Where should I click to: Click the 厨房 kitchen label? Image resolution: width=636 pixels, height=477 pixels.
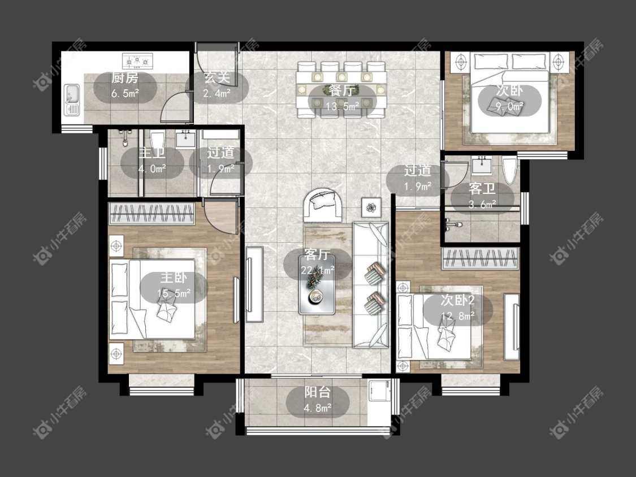126,77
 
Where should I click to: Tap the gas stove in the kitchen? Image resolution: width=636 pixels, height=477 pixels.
137,61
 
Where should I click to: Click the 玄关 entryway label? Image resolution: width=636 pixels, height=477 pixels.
217,77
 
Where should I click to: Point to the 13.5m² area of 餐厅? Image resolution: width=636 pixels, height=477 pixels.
343,106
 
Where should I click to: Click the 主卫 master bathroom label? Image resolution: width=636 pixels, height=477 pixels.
152,153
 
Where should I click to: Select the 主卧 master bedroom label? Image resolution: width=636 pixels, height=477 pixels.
174,277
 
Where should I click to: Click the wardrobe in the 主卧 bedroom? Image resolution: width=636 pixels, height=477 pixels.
152,214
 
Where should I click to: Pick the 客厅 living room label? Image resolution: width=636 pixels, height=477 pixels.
317,254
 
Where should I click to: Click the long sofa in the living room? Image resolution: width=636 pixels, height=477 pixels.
371,284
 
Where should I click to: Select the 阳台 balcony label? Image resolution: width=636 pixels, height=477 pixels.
318,392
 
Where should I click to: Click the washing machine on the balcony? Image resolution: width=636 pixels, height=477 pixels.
379,393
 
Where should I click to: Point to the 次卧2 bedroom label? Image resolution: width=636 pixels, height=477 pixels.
458,301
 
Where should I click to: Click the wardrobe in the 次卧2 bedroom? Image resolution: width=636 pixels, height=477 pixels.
480,258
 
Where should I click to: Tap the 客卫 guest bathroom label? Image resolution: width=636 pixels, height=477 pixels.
482,189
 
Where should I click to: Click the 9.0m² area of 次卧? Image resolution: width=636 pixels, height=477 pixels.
509,107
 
